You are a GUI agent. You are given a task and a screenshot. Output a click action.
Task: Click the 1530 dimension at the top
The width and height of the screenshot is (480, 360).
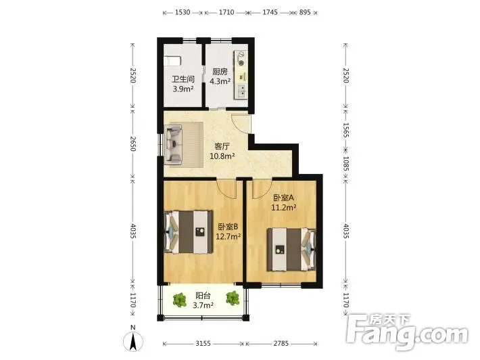183,12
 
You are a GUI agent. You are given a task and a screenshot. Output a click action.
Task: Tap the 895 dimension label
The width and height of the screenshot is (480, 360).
305,12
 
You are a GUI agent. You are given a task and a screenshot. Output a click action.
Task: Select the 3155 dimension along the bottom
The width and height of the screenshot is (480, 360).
203,344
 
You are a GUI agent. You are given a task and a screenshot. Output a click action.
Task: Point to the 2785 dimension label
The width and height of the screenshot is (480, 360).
281,344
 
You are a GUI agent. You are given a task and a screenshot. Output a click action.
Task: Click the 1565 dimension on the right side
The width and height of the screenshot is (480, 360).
345,130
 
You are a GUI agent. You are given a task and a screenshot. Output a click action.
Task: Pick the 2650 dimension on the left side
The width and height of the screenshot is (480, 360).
133,143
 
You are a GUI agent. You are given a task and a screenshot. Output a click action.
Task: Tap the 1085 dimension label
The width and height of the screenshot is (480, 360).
345,164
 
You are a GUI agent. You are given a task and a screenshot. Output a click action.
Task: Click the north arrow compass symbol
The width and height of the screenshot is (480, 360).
133,341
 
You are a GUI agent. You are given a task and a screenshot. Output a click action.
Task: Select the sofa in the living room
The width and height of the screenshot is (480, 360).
173,145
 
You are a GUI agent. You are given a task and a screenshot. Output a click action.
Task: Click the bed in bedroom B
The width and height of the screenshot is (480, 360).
189,232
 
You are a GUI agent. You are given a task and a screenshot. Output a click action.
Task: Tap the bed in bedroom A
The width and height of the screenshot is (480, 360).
291,250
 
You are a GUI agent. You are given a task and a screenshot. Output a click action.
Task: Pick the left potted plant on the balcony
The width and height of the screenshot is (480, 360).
179,300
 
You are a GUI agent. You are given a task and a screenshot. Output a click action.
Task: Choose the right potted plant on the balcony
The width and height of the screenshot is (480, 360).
233,298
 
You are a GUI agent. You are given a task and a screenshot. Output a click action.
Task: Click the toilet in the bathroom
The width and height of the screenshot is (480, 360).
172,61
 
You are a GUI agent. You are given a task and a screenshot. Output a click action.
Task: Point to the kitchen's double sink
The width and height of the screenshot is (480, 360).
241,91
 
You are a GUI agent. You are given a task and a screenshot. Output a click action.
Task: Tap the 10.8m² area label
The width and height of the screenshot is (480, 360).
222,156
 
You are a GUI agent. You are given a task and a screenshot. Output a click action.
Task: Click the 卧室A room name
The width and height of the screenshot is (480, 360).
283,198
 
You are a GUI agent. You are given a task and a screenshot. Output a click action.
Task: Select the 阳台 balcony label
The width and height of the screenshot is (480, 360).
203,296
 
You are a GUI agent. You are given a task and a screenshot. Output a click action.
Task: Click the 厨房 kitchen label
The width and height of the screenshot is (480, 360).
220,72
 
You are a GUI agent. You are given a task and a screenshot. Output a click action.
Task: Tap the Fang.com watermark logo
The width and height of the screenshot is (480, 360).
407,332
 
